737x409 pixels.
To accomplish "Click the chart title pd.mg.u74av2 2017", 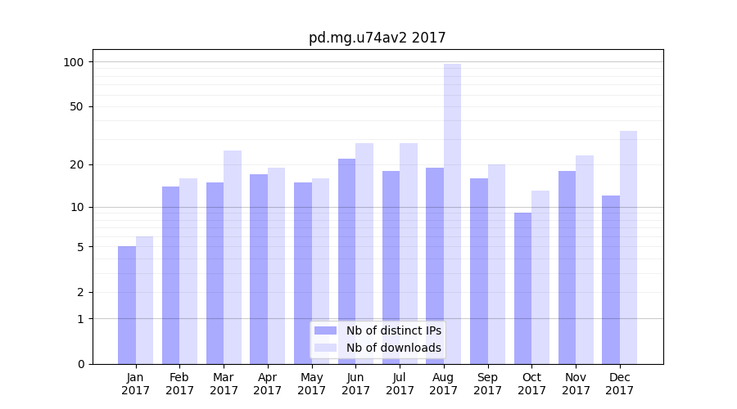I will tap(377, 38).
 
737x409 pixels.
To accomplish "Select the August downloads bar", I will tap(452, 213).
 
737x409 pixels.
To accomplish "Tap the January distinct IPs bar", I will tap(127, 305).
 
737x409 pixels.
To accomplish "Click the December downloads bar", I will tap(628, 247).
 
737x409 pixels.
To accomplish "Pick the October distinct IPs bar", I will tap(522, 288).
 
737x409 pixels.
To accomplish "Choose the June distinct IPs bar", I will tap(347, 261).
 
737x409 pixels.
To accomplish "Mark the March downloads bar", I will tap(233, 257).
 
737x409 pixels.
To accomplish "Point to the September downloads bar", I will tap(496, 264).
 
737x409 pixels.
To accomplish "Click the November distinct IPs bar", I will tap(567, 267).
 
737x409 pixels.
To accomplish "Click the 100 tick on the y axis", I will tap(74, 62).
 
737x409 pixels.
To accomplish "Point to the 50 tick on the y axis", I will tap(77, 106).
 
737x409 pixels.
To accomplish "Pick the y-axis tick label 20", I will tap(77, 164).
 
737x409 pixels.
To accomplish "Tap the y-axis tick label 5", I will tap(80, 247).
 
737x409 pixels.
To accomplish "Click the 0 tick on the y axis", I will tap(80, 364).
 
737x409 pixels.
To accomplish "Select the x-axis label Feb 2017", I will tap(180, 384).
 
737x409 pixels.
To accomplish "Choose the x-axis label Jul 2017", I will tap(400, 384).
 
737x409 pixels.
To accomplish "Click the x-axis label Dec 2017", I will tap(619, 384).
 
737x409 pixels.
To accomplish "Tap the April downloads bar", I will tap(276, 266).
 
